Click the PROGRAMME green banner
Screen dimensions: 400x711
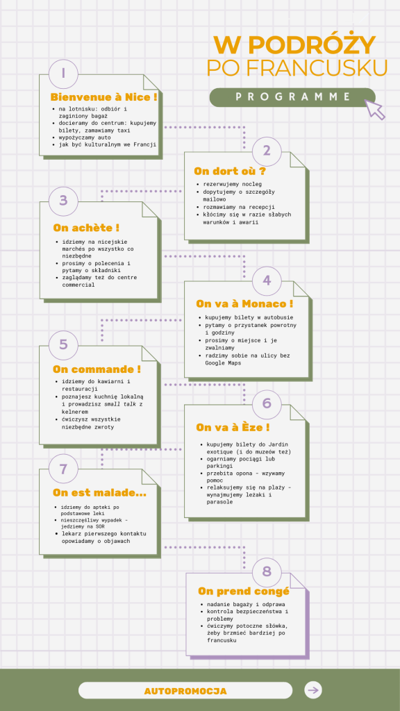tap(292, 97)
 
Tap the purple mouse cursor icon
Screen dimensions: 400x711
tap(376, 109)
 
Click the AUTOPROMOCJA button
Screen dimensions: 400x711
tap(185, 691)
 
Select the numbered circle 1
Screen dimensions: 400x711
tap(63, 74)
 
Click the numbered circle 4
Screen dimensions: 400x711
tap(267, 281)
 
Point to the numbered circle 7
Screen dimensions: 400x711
tap(63, 469)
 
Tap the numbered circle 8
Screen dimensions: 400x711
tap(267, 571)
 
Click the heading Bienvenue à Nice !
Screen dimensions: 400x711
tap(104, 97)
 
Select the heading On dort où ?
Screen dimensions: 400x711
tap(229, 172)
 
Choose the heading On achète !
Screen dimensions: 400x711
tap(86, 228)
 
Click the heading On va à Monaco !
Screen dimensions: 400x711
tap(244, 303)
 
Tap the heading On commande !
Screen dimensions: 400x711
tap(97, 369)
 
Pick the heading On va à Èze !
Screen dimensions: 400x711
tap(233, 427)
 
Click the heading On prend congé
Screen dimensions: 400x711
tap(244, 592)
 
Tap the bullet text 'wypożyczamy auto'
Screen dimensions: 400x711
tap(85, 137)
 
